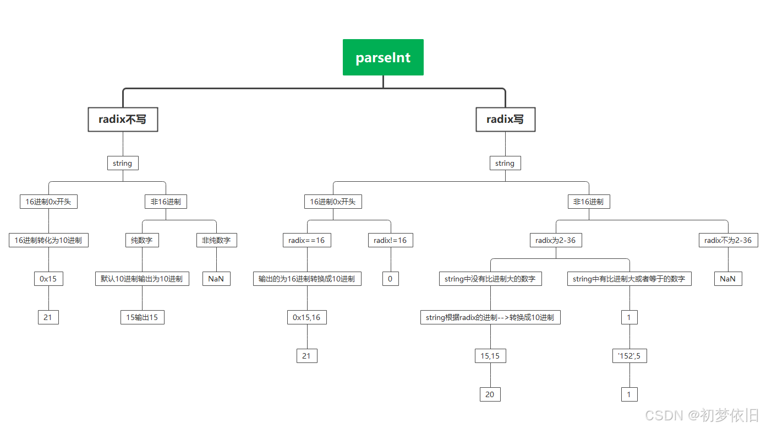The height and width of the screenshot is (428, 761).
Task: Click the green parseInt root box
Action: pyautogui.click(x=383, y=57)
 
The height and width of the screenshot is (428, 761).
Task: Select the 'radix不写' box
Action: pyautogui.click(x=123, y=120)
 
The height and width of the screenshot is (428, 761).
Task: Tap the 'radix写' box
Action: pyautogui.click(x=505, y=120)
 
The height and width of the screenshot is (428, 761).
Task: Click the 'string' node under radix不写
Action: pyautogui.click(x=122, y=163)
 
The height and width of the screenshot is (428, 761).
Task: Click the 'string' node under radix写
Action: pyautogui.click(x=505, y=163)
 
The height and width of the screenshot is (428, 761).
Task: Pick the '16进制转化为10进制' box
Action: pyautogui.click(x=48, y=240)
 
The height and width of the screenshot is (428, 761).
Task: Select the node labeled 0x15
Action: pyautogui.click(x=48, y=279)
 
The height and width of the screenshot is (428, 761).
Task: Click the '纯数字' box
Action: pyautogui.click(x=142, y=240)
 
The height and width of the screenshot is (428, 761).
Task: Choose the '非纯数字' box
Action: pyautogui.click(x=216, y=240)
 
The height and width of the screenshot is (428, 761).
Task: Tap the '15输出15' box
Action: pyautogui.click(x=142, y=317)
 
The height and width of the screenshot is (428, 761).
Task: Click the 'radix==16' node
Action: pyautogui.click(x=307, y=240)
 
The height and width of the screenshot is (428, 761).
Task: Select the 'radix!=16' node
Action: pyautogui.click(x=390, y=240)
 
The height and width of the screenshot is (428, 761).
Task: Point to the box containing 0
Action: pyautogui.click(x=390, y=279)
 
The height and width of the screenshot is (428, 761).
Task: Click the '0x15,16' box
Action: pyautogui.click(x=306, y=317)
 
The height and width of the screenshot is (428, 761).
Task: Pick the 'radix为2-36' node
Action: pyautogui.click(x=556, y=240)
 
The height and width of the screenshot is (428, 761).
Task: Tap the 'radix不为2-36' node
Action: pyautogui.click(x=728, y=240)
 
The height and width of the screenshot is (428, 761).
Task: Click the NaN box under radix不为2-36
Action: pyautogui.click(x=728, y=279)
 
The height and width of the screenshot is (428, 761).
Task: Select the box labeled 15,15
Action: pyautogui.click(x=490, y=356)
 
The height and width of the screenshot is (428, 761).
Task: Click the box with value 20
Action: pyautogui.click(x=490, y=394)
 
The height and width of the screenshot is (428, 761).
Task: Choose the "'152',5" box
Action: pyautogui.click(x=629, y=356)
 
